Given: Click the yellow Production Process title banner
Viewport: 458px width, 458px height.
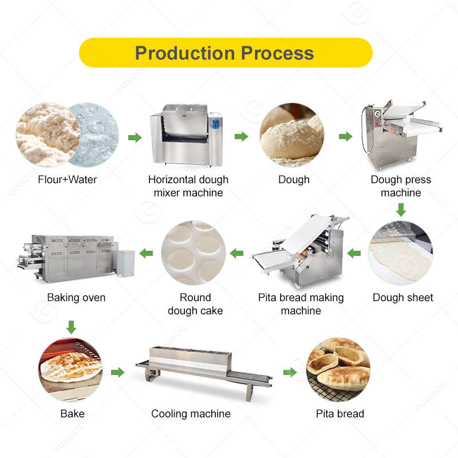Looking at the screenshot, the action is click(x=225, y=53).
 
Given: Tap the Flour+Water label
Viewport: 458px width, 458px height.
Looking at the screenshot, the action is click(x=67, y=180).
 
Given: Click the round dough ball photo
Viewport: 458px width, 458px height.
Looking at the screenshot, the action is click(x=292, y=135).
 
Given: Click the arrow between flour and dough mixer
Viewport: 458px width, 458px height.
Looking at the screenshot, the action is click(x=135, y=137).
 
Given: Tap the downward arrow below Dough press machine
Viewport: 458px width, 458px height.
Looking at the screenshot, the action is click(x=401, y=211).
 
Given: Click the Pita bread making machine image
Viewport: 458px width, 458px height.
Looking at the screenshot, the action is click(x=301, y=252).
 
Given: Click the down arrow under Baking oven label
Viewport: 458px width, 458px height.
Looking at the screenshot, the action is click(x=71, y=327).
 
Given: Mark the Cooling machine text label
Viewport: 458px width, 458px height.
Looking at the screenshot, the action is click(x=191, y=413).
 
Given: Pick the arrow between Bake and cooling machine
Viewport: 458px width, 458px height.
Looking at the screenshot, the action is click(x=117, y=373).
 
